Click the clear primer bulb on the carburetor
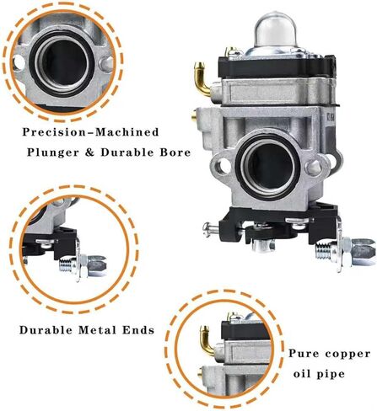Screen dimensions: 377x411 coord(276,30)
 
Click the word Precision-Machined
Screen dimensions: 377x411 coord(90,132)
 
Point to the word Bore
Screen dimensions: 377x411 coord(175,152)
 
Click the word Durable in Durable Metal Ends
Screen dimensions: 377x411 coord(46,330)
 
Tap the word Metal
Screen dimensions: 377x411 coord(97,330)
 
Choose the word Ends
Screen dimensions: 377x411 coord(138,330)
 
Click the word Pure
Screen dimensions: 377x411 coord(303,354)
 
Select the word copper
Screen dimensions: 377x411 coord(347,355)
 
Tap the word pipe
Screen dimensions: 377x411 coord(331,375)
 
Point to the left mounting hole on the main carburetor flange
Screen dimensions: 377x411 coord(224,166)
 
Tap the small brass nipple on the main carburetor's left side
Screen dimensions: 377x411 coord(194,115)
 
